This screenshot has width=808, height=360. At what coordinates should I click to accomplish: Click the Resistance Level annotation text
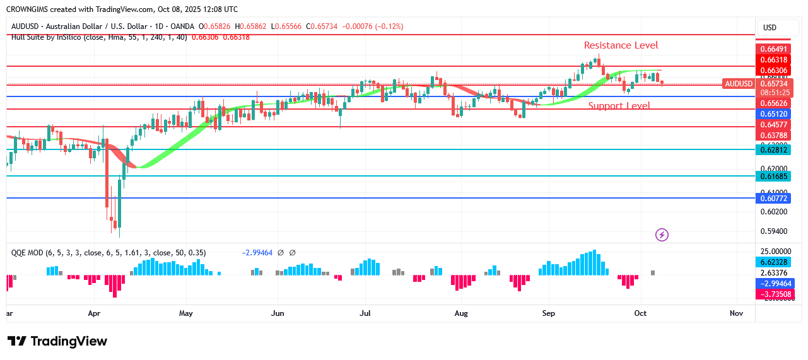click(621, 45)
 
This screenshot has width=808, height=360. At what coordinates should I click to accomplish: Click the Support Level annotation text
click(619, 105)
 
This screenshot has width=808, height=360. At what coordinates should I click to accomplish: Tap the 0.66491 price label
click(772, 49)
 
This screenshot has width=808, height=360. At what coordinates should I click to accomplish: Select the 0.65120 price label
click(772, 114)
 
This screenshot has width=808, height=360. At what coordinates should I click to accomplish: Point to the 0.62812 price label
click(772, 149)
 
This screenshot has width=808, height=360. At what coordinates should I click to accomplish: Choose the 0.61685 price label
click(772, 176)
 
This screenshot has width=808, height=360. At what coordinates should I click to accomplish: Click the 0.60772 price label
click(772, 199)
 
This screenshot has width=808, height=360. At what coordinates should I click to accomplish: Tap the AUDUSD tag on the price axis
click(739, 84)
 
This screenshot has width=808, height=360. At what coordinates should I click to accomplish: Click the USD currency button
click(770, 28)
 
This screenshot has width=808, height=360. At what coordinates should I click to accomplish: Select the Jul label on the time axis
click(365, 313)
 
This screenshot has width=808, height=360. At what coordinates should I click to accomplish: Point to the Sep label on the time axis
click(549, 313)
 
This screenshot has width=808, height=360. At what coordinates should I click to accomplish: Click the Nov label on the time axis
click(735, 313)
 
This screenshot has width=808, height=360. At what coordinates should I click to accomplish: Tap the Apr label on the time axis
click(94, 313)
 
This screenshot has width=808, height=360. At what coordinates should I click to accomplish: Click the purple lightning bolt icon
click(662, 235)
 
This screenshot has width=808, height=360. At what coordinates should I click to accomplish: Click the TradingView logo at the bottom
click(57, 341)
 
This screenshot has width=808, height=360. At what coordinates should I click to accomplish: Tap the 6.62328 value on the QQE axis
click(772, 262)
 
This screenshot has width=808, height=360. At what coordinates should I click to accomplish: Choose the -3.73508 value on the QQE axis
click(772, 294)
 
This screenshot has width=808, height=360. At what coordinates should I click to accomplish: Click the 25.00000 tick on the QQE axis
click(772, 251)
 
